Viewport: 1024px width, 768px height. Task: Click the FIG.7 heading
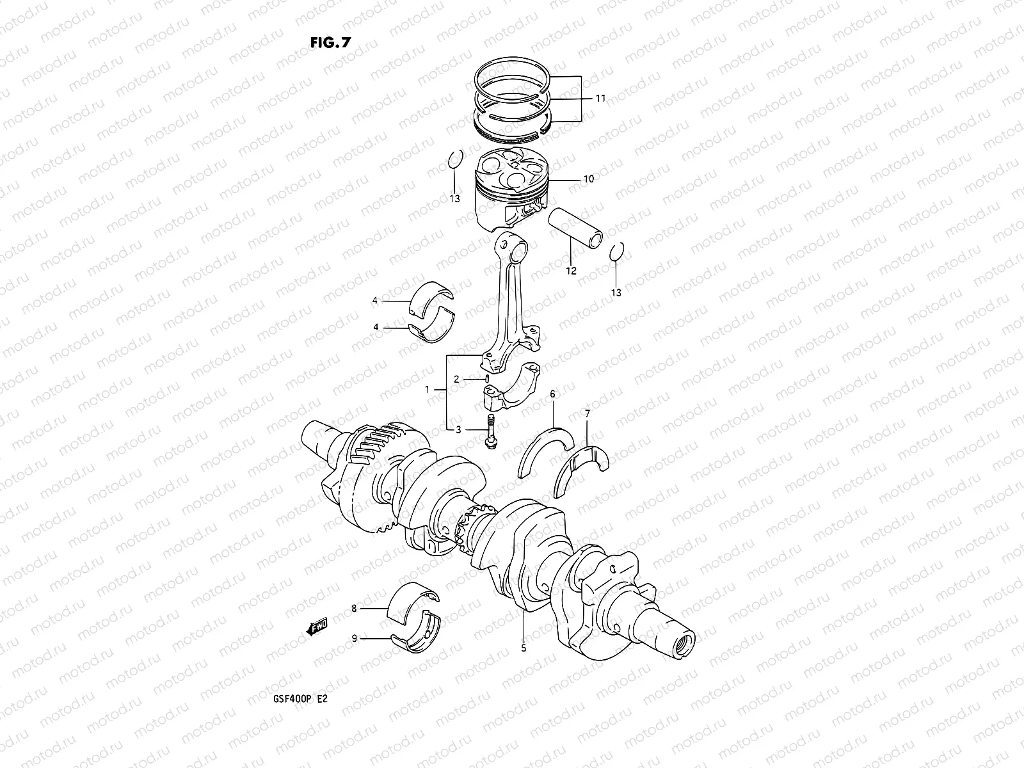pos(330,42)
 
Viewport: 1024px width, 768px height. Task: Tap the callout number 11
pos(600,99)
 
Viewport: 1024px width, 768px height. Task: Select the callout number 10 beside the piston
pos(588,179)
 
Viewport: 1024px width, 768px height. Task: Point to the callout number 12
pos(571,271)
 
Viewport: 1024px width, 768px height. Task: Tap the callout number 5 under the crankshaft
pos(524,648)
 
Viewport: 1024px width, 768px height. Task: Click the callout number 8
pos(354,609)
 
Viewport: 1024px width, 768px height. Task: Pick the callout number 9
pos(354,638)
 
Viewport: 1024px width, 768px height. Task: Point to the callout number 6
pos(552,394)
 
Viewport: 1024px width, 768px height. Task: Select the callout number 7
pos(587,414)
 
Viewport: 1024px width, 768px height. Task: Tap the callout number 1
pos(428,390)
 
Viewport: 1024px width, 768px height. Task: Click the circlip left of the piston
pos(454,159)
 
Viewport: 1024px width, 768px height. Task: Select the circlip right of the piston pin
pos(616,252)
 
